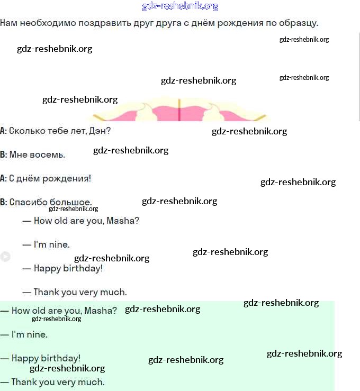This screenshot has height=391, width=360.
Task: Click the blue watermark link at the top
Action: pyautogui.click(x=180, y=6)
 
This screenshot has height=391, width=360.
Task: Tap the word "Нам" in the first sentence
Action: pyautogui.click(x=8, y=23)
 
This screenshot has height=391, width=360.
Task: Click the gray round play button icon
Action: pyautogui.click(x=5, y=257)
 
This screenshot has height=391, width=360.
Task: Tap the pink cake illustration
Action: pyautogui.click(x=180, y=110)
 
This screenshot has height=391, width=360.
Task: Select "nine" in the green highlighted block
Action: pyautogui.click(x=38, y=334)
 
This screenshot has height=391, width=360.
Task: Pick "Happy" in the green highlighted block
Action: pyautogui.click(x=25, y=358)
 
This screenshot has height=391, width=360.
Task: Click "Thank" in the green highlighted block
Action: pyautogui.click(x=24, y=382)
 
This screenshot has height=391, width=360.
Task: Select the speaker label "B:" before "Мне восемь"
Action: pyautogui.click(x=3, y=154)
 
